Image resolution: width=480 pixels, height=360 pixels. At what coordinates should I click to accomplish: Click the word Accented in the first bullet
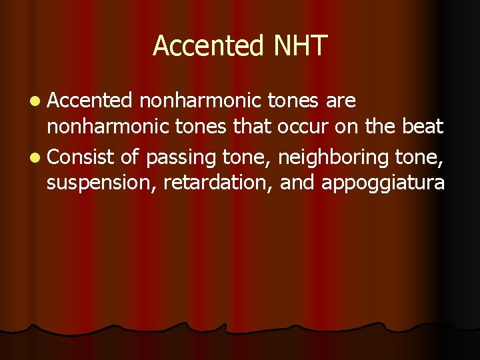[90, 101]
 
